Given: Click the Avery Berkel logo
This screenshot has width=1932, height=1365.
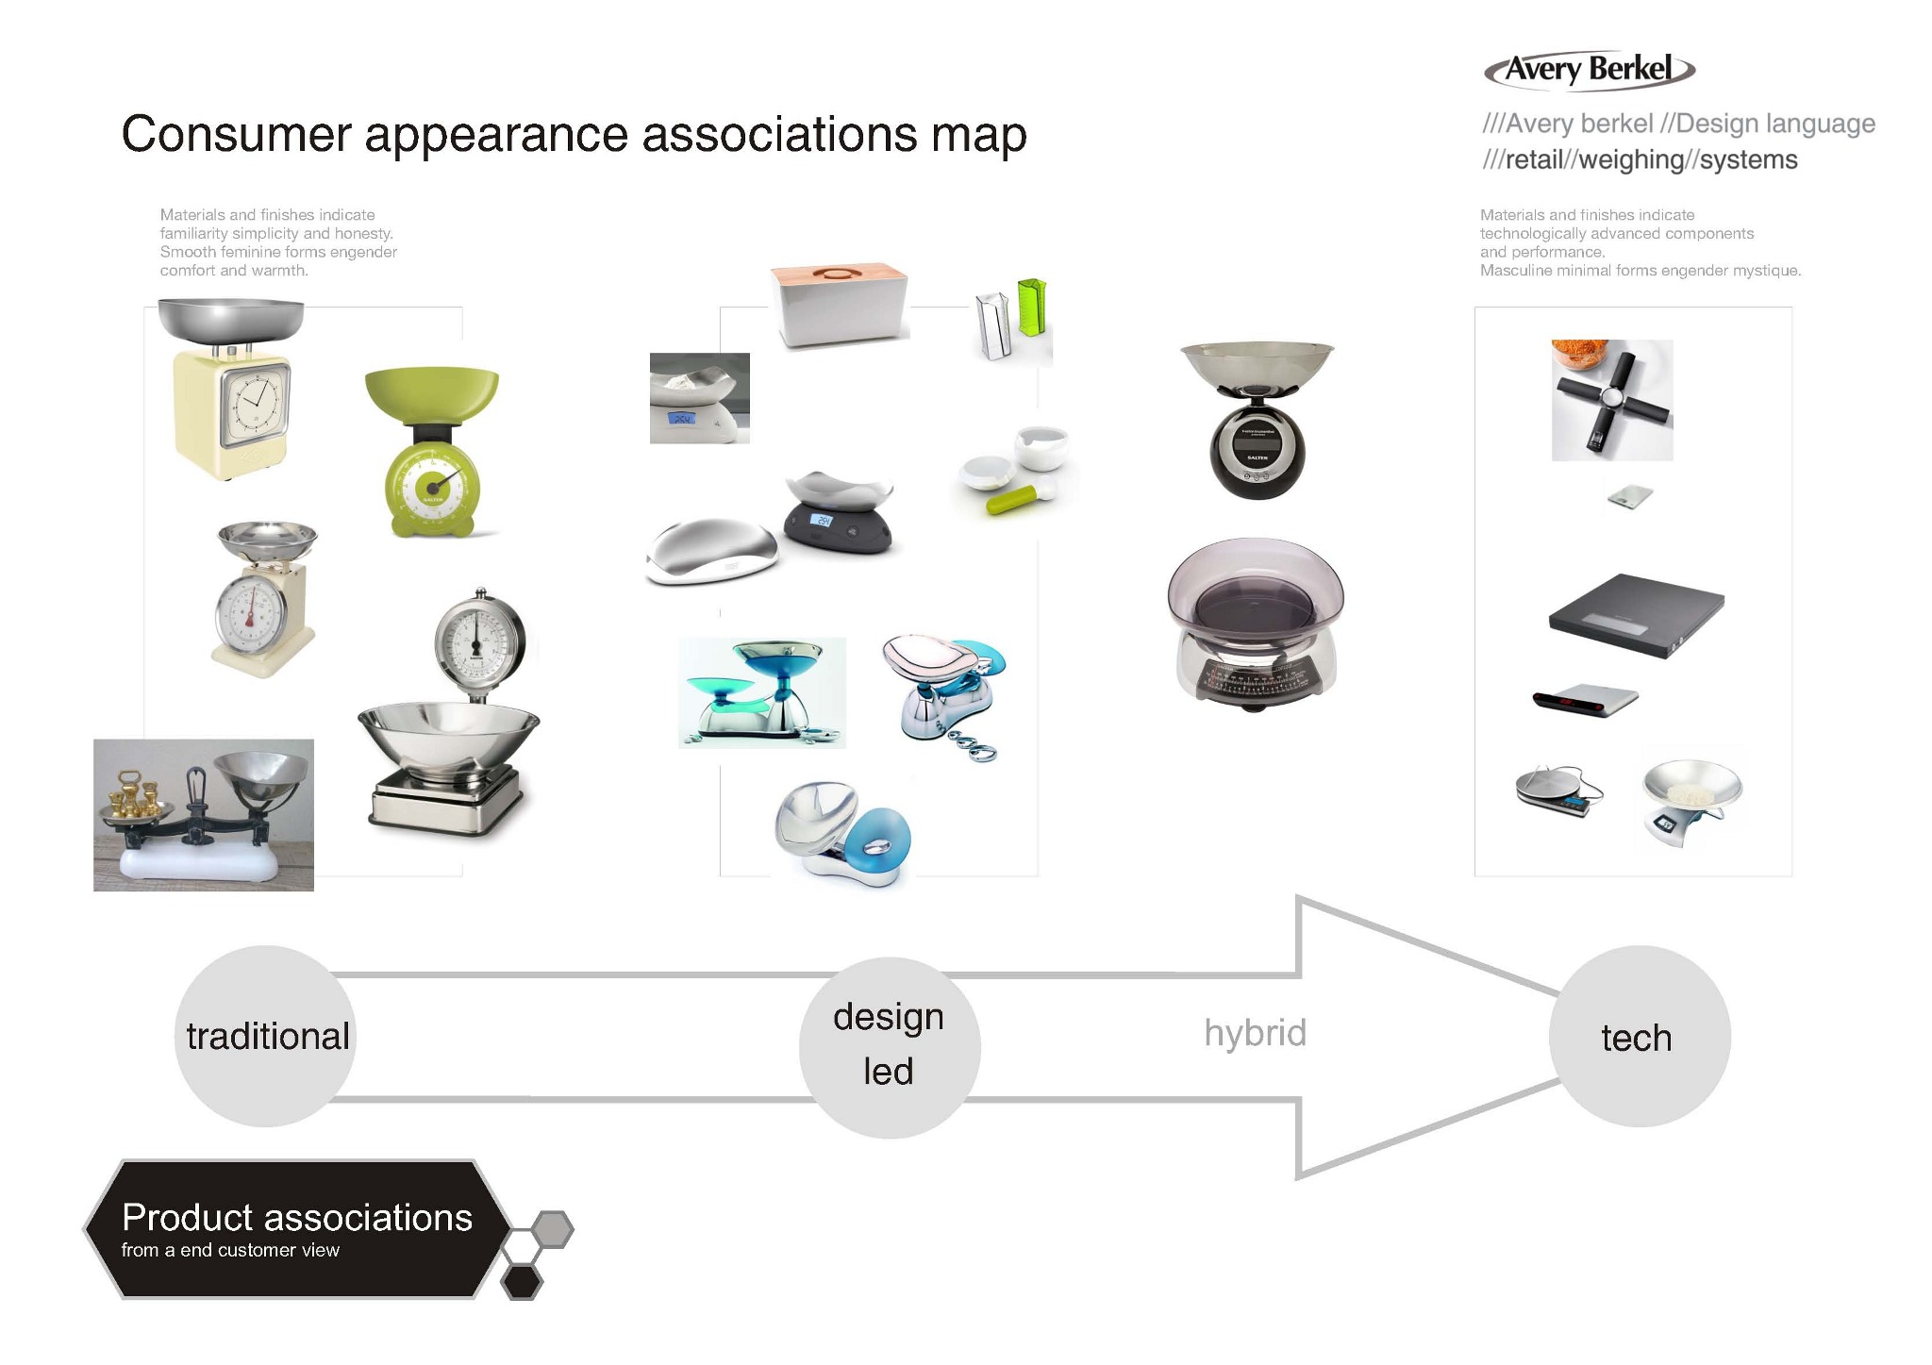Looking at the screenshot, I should point(1590,70).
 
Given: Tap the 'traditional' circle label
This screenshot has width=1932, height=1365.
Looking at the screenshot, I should point(267,1036).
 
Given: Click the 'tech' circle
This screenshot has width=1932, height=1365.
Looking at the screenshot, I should point(1639,1037).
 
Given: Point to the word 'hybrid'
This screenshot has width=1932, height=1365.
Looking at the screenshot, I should point(1255,1033).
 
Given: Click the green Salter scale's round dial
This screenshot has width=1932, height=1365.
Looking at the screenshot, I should point(432,488).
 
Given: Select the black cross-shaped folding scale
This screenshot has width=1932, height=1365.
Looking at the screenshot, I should point(1611,400).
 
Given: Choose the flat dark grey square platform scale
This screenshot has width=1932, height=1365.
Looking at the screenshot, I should point(1636,614).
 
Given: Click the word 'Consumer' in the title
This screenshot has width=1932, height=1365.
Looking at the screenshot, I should point(236,134).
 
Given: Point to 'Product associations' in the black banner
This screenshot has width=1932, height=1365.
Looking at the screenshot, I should point(297,1218).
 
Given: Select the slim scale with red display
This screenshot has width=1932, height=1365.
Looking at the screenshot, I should point(1585,699).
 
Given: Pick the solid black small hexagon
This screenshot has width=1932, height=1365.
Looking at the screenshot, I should point(521,1282).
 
